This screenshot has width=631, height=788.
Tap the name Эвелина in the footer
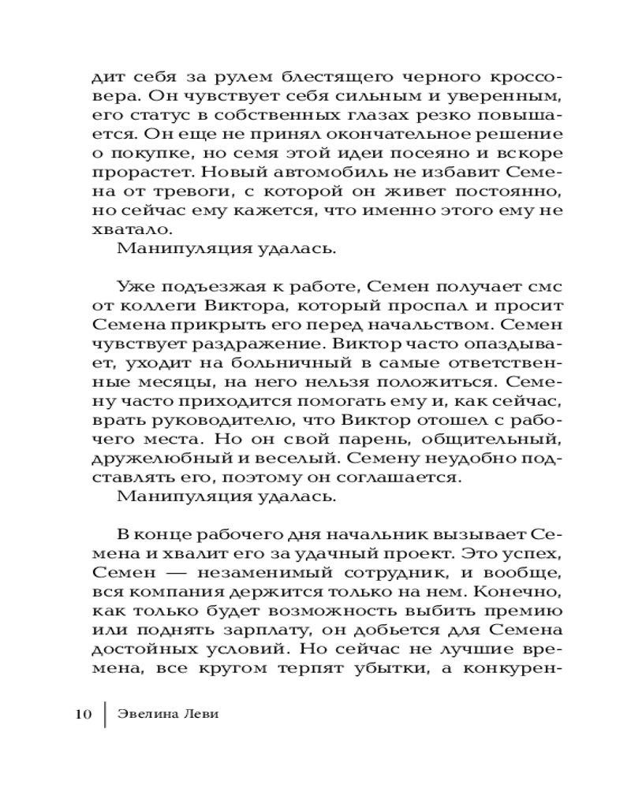click(147, 714)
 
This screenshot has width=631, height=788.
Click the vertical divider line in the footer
click(105, 714)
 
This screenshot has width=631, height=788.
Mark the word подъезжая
click(198, 286)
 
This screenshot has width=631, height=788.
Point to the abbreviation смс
click(545, 286)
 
